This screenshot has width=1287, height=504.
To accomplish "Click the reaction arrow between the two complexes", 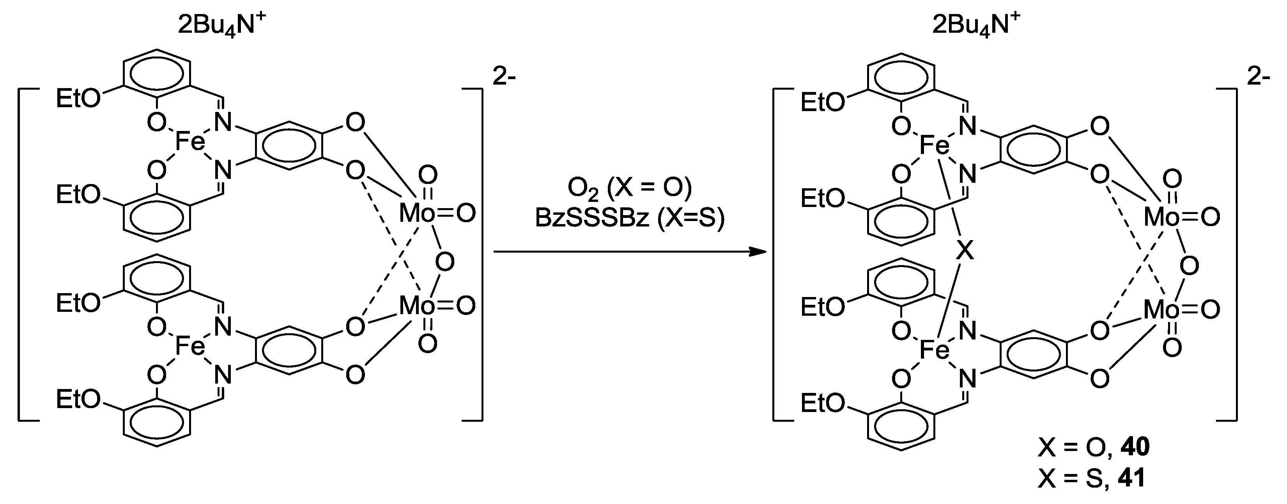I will tap(630, 252).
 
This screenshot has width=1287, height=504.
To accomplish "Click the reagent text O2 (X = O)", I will tap(630, 187).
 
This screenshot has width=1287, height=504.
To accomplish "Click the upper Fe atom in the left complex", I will tap(190, 142).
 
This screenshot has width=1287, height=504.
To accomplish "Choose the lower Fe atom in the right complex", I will tap(934, 351).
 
